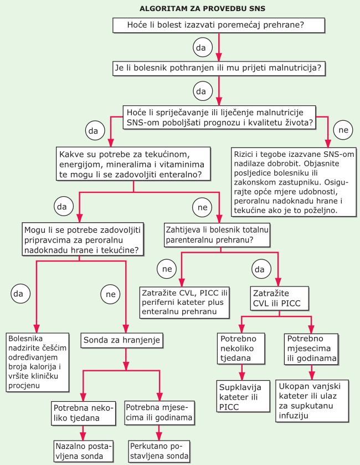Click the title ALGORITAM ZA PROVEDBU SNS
[x=202, y=9]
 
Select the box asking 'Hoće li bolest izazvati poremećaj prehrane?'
[x=219, y=25]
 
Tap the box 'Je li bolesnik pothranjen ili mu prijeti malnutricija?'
[x=219, y=68]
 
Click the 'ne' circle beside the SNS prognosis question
[x=343, y=130]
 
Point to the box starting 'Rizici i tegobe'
[x=294, y=182]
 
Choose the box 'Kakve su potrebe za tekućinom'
[x=133, y=163]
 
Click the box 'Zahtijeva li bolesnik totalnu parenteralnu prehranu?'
[x=217, y=235]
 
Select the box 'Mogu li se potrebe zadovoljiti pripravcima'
[x=83, y=239]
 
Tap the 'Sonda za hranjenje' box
[x=122, y=340]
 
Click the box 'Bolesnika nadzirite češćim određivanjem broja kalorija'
[x=38, y=362]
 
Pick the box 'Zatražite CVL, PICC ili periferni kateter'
[x=184, y=303]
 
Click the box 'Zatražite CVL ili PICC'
[x=279, y=298]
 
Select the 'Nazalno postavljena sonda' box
[x=84, y=451]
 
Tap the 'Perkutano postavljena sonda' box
[x=160, y=451]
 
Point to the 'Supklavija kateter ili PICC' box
[x=243, y=396]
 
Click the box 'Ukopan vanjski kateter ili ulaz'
[x=312, y=401]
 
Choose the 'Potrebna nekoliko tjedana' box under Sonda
[x=83, y=413]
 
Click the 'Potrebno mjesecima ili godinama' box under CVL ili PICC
[x=311, y=349]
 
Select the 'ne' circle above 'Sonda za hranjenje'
[x=111, y=294]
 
